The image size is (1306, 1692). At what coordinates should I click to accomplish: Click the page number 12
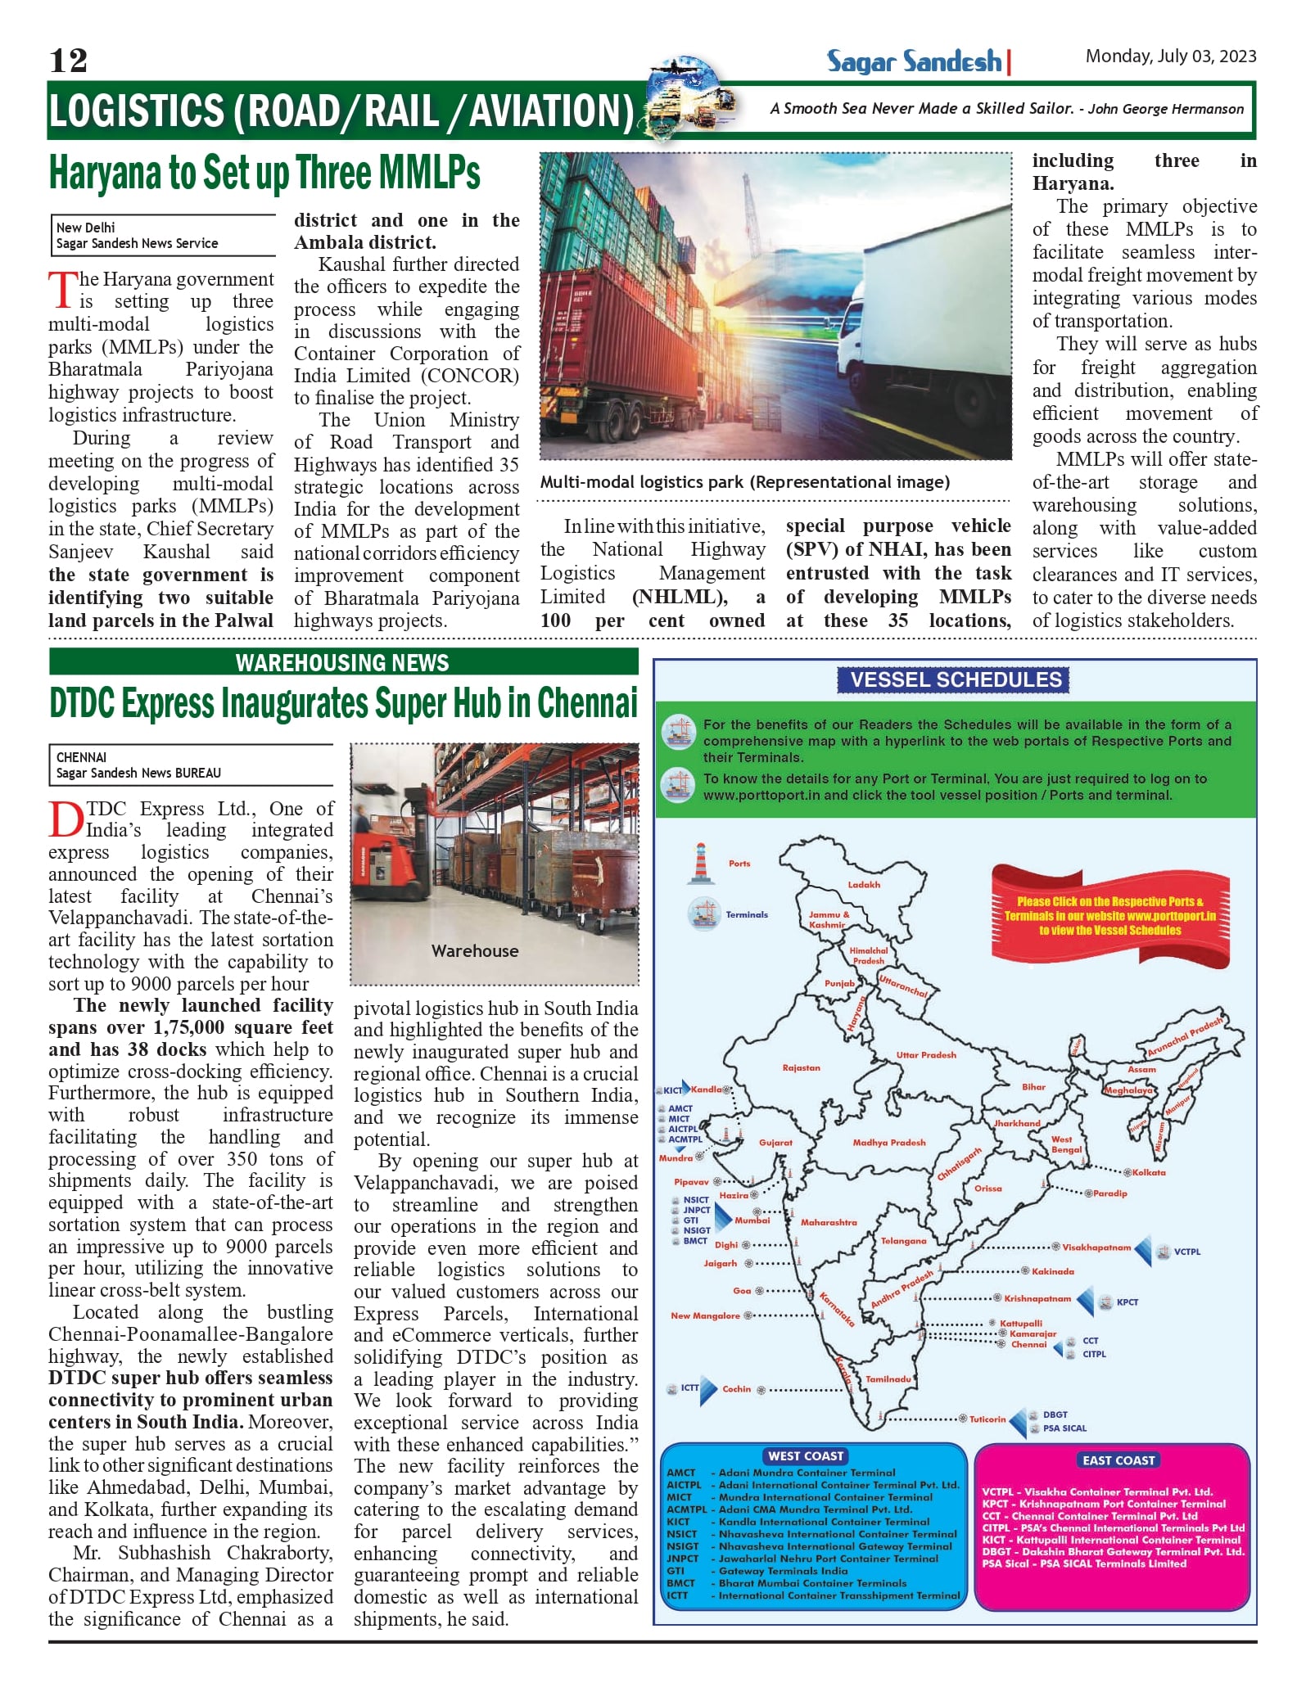point(68,61)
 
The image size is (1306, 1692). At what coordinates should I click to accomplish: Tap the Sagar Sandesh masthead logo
point(915,61)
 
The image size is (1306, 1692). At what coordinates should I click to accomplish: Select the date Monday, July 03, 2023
point(1170,56)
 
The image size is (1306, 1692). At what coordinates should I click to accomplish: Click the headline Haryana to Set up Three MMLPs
point(264,173)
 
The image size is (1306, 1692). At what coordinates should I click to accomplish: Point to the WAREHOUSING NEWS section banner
point(343,662)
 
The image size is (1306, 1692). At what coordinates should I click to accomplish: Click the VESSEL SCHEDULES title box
point(956,679)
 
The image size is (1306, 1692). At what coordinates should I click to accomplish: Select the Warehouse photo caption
point(475,951)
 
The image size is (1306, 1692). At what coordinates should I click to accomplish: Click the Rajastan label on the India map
point(801,1068)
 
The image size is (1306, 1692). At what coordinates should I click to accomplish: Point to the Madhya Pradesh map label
point(888,1143)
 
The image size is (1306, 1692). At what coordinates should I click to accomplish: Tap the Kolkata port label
point(1149,1173)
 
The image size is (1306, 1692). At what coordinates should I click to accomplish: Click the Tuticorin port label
point(987,1419)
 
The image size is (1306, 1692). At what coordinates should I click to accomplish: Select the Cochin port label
point(736,1389)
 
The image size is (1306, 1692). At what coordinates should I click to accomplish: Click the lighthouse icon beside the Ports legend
point(700,864)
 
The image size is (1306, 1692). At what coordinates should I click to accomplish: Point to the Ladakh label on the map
point(864,885)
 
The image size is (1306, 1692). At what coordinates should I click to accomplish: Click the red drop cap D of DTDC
point(66,819)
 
